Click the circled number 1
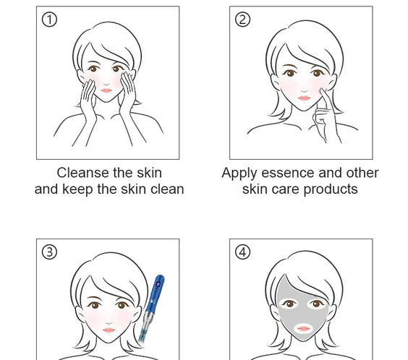(x=49, y=20)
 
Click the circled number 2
(x=243, y=20)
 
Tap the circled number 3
(x=49, y=252)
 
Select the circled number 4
(x=243, y=252)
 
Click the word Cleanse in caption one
(x=82, y=173)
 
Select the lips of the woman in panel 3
(x=108, y=329)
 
